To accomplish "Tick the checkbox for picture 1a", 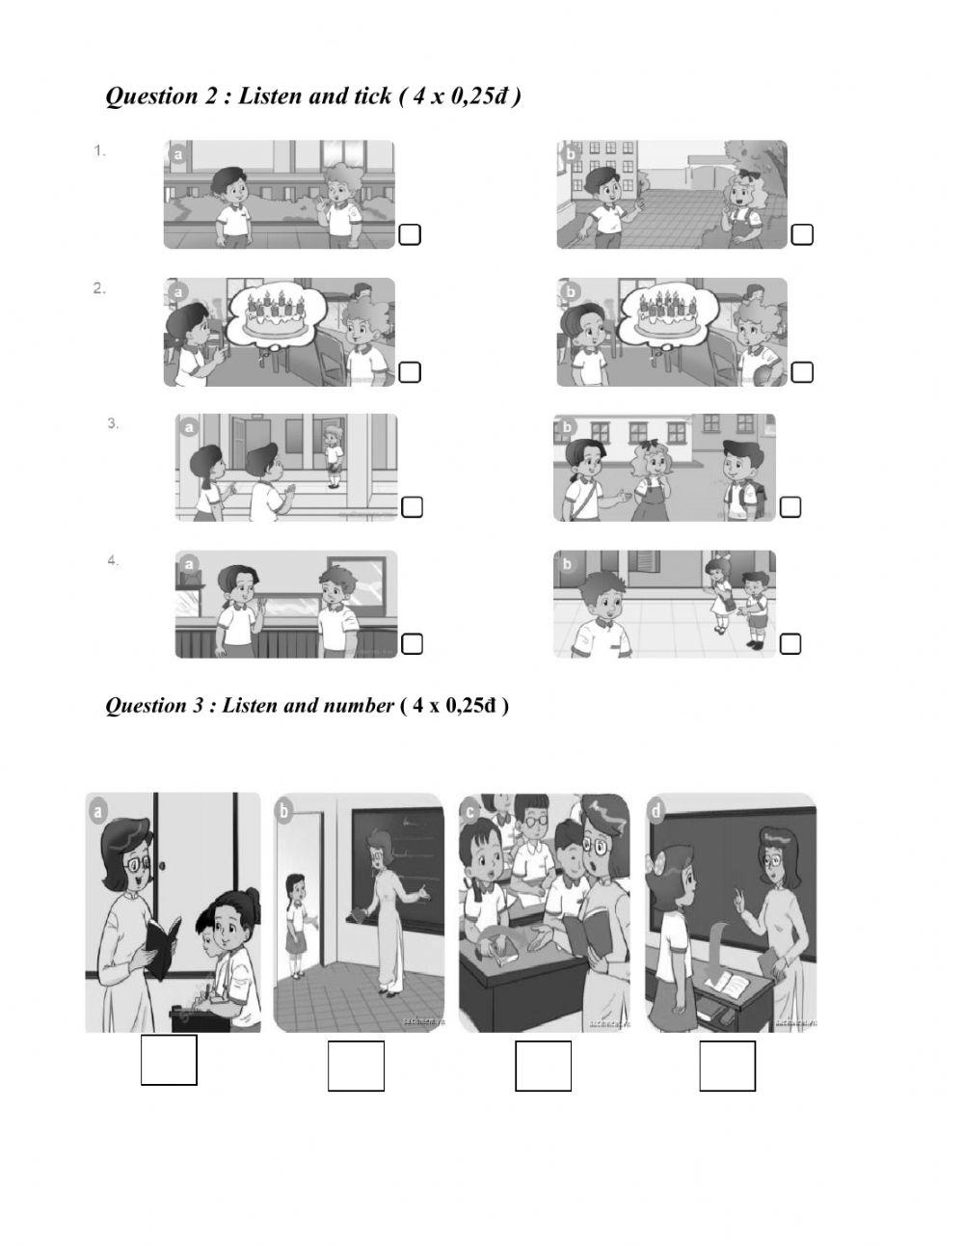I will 410,234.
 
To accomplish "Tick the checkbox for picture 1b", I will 802,234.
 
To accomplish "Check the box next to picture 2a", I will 410,372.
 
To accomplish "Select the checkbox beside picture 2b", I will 802,372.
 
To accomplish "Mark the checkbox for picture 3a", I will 412,507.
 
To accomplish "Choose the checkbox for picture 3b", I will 790,507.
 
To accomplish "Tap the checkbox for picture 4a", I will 412,643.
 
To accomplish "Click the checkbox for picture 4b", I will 790,643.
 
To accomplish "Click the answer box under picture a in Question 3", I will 169,1060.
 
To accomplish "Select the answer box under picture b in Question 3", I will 356,1067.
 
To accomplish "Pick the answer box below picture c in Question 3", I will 543,1067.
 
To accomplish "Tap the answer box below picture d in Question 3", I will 727,1067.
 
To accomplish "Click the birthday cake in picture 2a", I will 276,313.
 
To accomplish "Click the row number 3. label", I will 113,423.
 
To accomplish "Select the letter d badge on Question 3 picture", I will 657,811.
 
